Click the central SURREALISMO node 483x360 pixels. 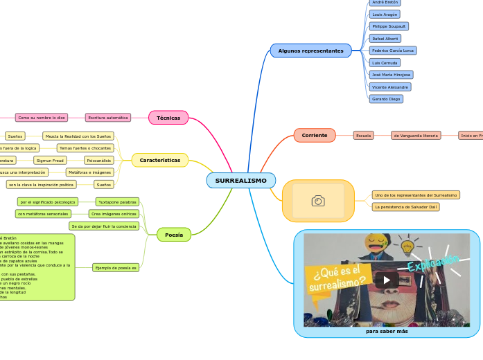coord(240,181)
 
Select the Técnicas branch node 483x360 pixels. coord(168,118)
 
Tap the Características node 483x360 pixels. coord(160,160)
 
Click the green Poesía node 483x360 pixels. coord(174,235)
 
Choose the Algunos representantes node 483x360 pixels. coord(310,51)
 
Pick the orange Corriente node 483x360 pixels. coord(315,136)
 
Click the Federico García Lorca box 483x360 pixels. coord(392,51)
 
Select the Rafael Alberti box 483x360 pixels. coord(385,38)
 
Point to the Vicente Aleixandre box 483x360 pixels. coord(390,87)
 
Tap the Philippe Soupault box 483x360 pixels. coord(388,26)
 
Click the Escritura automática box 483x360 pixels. coord(108,118)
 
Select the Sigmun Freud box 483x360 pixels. coord(49,160)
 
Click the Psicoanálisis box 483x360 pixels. coord(100,160)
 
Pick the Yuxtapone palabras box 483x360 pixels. coord(117,202)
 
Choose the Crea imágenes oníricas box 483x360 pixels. coord(114,214)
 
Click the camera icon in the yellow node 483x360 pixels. coord(318,201)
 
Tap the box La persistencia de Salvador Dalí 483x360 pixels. coord(405,206)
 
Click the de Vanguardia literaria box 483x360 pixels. coord(416,136)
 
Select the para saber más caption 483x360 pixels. coord(387,331)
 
